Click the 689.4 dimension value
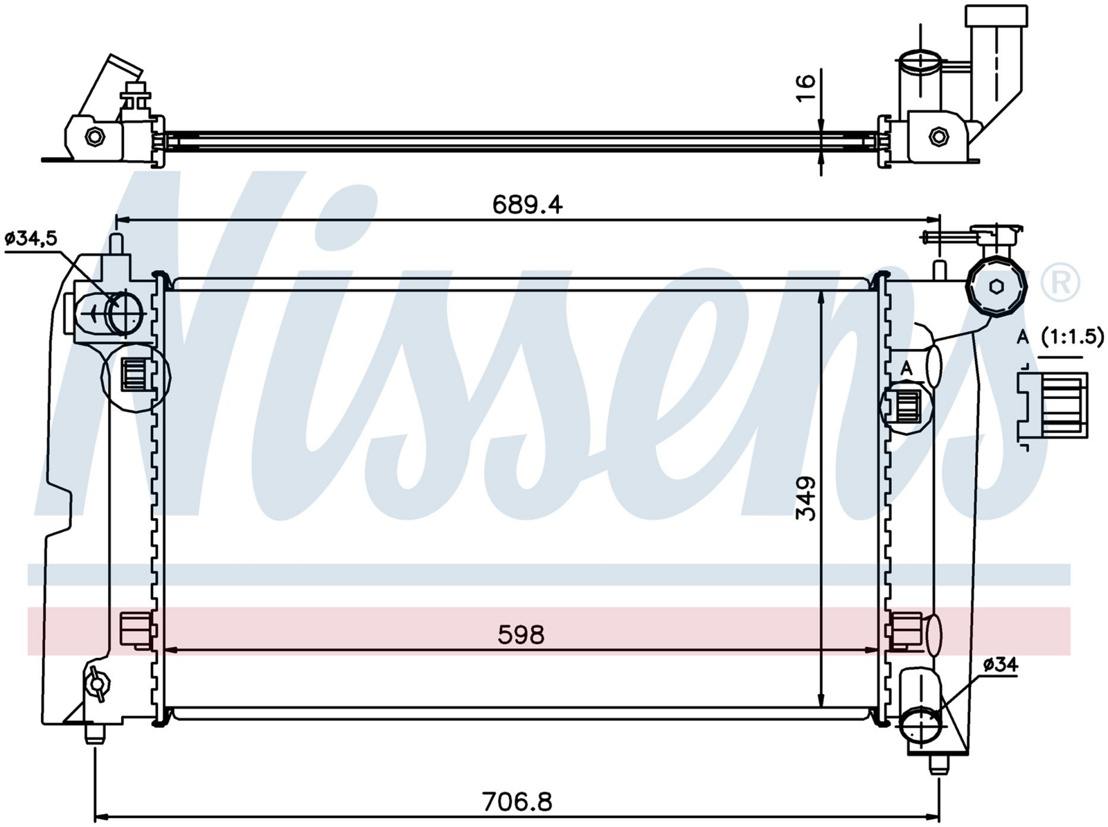(x=527, y=205)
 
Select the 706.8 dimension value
(x=517, y=801)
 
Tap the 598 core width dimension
(x=521, y=634)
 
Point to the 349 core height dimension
(x=805, y=498)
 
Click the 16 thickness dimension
(x=805, y=88)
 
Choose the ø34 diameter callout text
(x=1001, y=665)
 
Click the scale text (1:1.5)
(x=1072, y=337)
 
